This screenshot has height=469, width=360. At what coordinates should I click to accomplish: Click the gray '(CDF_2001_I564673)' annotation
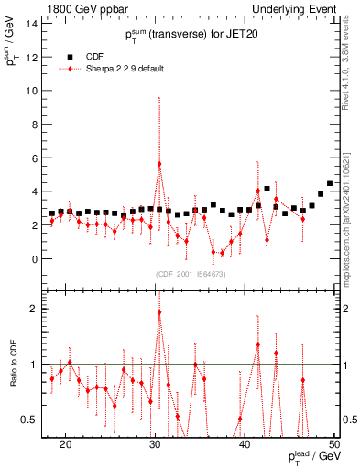click(190, 274)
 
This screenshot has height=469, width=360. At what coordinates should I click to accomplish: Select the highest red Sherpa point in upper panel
click(159, 164)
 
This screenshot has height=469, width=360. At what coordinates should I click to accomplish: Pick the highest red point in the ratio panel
click(159, 311)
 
